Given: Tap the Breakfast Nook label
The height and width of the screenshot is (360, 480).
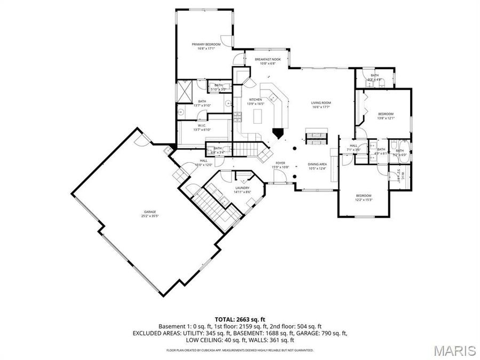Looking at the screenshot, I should (x=268, y=61).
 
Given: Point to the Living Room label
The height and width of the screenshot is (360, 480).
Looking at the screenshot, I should (x=322, y=105).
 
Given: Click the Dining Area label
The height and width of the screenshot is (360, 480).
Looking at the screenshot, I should (x=317, y=166).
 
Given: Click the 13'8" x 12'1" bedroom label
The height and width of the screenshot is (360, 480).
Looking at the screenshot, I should (x=386, y=116).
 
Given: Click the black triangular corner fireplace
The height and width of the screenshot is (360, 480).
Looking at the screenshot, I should (x=278, y=133).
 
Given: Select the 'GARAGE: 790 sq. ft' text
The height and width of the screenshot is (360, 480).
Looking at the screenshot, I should (x=325, y=333).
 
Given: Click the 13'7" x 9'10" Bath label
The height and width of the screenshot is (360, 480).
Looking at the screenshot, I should (x=202, y=103).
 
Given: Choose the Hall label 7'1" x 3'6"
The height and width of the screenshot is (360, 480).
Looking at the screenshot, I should (x=354, y=148).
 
